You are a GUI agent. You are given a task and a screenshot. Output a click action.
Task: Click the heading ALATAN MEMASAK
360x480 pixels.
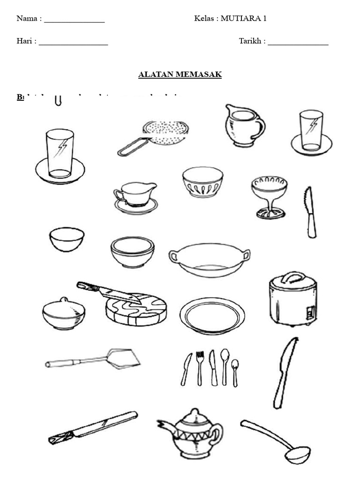(x=180, y=75)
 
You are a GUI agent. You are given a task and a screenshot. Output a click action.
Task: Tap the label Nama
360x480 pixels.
(x=28, y=19)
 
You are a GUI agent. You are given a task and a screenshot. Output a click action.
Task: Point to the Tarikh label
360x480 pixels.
(x=251, y=41)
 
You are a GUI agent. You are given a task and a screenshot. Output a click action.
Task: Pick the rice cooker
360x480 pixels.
(x=293, y=300)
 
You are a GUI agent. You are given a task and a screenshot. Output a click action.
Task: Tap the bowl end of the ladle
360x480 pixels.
(x=298, y=454)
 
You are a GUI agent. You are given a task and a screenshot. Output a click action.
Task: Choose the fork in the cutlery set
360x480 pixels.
(x=200, y=367)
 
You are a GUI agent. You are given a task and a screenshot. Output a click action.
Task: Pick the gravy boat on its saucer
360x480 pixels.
(x=135, y=196)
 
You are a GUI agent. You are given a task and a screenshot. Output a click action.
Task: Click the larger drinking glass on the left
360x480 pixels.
(x=60, y=154)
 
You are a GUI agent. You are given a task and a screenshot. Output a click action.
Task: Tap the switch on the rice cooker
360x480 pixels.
(x=309, y=312)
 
